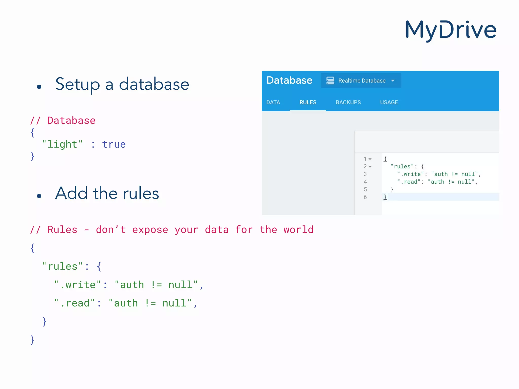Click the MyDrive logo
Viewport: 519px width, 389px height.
tap(451, 30)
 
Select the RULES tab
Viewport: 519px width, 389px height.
tap(308, 102)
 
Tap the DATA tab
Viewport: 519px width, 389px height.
tap(273, 102)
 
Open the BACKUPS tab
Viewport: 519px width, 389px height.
tap(348, 102)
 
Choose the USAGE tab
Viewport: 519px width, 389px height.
tap(389, 102)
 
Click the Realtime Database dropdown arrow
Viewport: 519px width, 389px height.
tap(393, 81)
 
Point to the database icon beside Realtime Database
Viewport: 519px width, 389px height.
tap(330, 81)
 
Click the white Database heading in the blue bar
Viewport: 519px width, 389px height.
tap(289, 80)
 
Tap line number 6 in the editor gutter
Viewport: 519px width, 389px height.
tap(365, 197)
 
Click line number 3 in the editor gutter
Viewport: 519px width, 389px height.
tap(365, 174)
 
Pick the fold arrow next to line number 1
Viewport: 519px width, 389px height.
tap(370, 159)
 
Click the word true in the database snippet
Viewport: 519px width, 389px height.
tap(114, 144)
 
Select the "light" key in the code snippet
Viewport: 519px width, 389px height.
tap(62, 144)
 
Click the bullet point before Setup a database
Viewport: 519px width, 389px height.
tap(39, 87)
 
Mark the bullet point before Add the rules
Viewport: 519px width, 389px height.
tap(39, 196)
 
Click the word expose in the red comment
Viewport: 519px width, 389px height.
tap(150, 230)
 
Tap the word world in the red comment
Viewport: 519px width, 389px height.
tap(298, 230)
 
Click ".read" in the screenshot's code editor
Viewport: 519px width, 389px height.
tap(409, 182)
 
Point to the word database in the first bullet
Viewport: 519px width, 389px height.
tap(154, 84)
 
